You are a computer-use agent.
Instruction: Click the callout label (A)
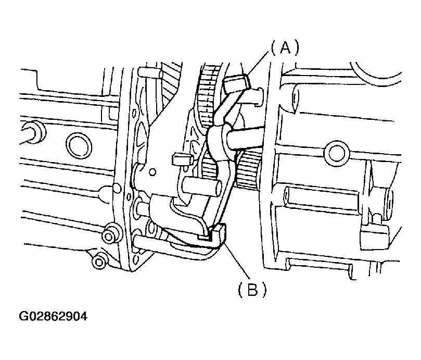point(285,49)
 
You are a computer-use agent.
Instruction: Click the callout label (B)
point(252,289)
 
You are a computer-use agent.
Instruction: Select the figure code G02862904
point(53,316)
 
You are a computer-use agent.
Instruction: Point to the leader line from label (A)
point(259,64)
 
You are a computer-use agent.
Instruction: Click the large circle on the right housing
point(337,153)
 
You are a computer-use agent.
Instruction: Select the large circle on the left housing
point(79,145)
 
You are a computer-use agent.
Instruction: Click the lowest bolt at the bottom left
point(99,262)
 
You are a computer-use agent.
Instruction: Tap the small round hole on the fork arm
point(152,171)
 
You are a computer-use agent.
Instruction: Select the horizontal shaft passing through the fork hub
point(245,138)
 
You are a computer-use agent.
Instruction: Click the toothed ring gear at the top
point(212,94)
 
